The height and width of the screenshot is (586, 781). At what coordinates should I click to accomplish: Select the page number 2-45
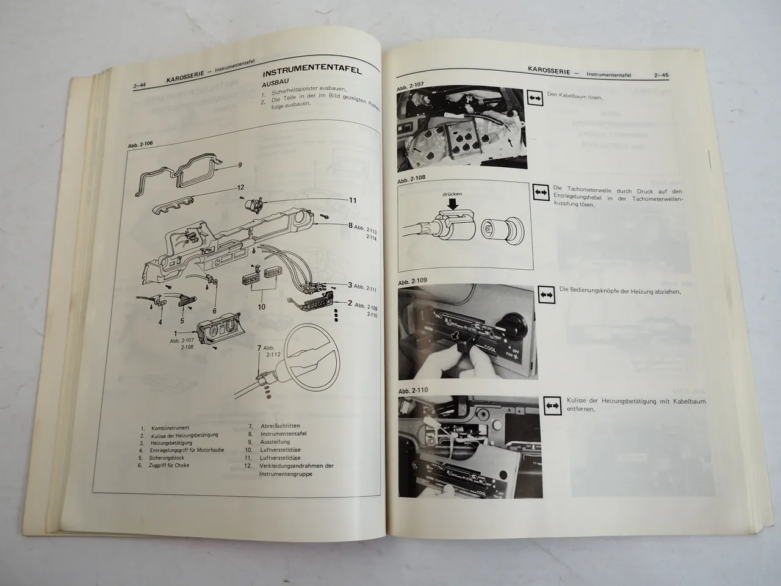click(660, 76)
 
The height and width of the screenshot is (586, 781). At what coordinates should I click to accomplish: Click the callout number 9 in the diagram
click(240, 165)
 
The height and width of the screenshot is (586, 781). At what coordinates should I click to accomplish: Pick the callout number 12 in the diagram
click(241, 187)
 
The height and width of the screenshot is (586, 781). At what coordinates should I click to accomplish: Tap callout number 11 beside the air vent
click(352, 200)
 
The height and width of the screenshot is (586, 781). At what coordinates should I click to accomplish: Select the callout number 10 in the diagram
click(261, 307)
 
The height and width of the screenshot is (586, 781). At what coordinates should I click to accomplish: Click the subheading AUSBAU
click(277, 86)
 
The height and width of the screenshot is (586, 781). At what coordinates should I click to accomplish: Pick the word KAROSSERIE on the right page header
click(550, 72)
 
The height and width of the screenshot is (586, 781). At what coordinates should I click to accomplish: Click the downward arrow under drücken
click(453, 206)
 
